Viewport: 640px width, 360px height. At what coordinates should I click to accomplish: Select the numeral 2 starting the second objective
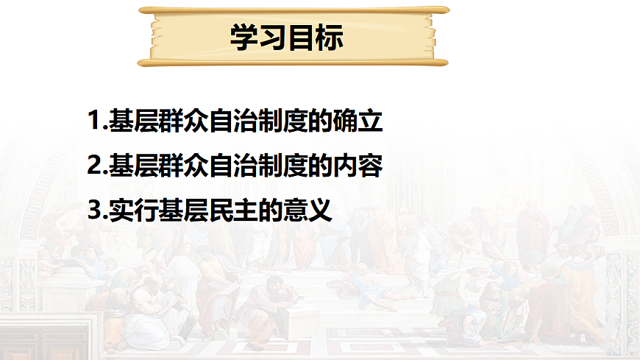[x=93, y=166]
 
